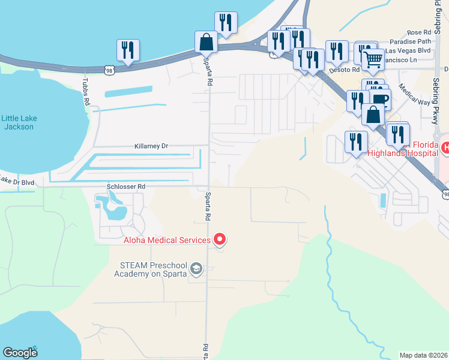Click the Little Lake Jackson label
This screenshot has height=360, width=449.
19,122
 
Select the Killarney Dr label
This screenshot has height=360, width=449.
151,146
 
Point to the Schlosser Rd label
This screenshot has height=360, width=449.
126,187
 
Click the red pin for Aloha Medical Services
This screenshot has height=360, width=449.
220,239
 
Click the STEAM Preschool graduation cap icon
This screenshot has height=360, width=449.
196,271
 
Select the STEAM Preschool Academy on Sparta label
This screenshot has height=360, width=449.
150,269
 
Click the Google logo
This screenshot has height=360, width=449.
20,353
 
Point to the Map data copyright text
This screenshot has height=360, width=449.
424,355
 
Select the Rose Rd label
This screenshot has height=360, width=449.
419,32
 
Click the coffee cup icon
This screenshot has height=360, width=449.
380,98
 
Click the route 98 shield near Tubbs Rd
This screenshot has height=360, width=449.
109,70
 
